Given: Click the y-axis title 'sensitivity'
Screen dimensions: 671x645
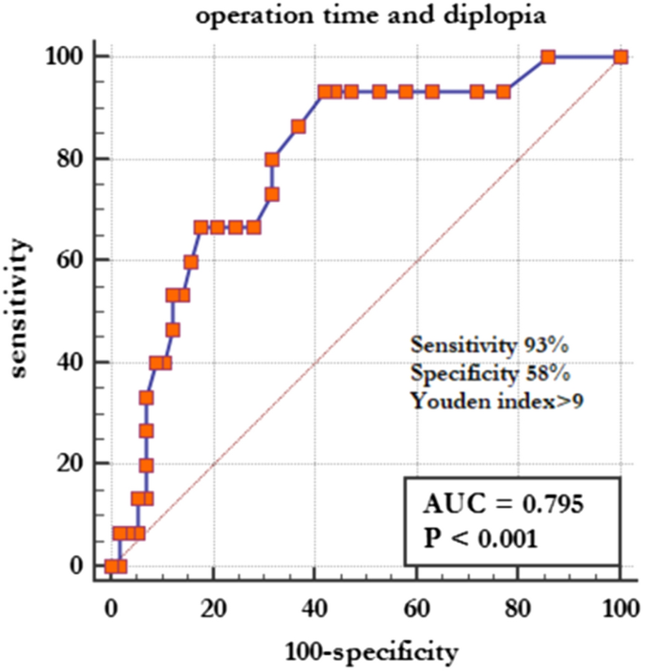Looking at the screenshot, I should point(20,310).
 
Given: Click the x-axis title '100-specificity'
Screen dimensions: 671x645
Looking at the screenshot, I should point(365,651).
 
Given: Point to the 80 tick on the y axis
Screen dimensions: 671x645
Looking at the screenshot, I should point(73,158).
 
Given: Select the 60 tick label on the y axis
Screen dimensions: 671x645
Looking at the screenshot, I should point(73,260).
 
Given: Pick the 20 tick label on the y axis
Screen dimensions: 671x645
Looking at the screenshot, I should point(73,464).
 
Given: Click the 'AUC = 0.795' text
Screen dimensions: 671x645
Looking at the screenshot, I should point(504,504).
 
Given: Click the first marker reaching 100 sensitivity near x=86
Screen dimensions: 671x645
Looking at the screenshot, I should point(549,57).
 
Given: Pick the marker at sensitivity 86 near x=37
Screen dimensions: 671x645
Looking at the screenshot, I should point(298,126).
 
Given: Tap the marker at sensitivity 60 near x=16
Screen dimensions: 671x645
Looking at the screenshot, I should point(191,261).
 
